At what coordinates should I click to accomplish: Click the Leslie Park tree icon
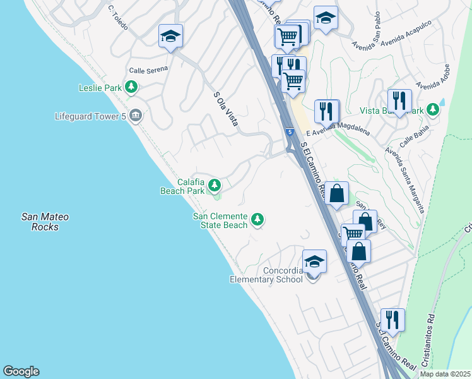(131, 88)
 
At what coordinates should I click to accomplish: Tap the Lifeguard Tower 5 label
(91, 116)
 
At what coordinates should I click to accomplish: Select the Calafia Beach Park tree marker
(215, 186)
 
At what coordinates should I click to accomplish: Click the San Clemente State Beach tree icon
(257, 220)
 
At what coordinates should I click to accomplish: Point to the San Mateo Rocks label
(45, 222)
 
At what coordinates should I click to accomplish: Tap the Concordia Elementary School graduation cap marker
(314, 262)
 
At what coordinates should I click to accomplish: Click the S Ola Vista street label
(225, 109)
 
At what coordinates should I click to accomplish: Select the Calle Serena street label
(148, 71)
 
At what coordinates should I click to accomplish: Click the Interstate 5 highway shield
(289, 132)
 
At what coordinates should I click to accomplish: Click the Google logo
(21, 371)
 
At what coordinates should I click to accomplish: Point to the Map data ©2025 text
(444, 374)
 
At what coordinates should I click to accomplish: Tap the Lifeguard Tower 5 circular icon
(135, 116)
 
